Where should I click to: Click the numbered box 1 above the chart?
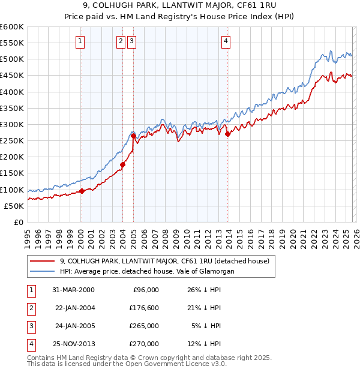80,41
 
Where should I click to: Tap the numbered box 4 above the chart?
226,41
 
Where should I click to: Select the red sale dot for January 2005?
133,136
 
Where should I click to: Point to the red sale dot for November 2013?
227,134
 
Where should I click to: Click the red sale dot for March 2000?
82,191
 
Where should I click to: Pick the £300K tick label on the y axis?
12,125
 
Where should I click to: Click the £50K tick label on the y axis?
14,206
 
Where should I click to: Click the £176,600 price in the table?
145,308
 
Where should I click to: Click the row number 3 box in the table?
30,326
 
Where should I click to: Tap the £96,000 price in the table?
146,290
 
